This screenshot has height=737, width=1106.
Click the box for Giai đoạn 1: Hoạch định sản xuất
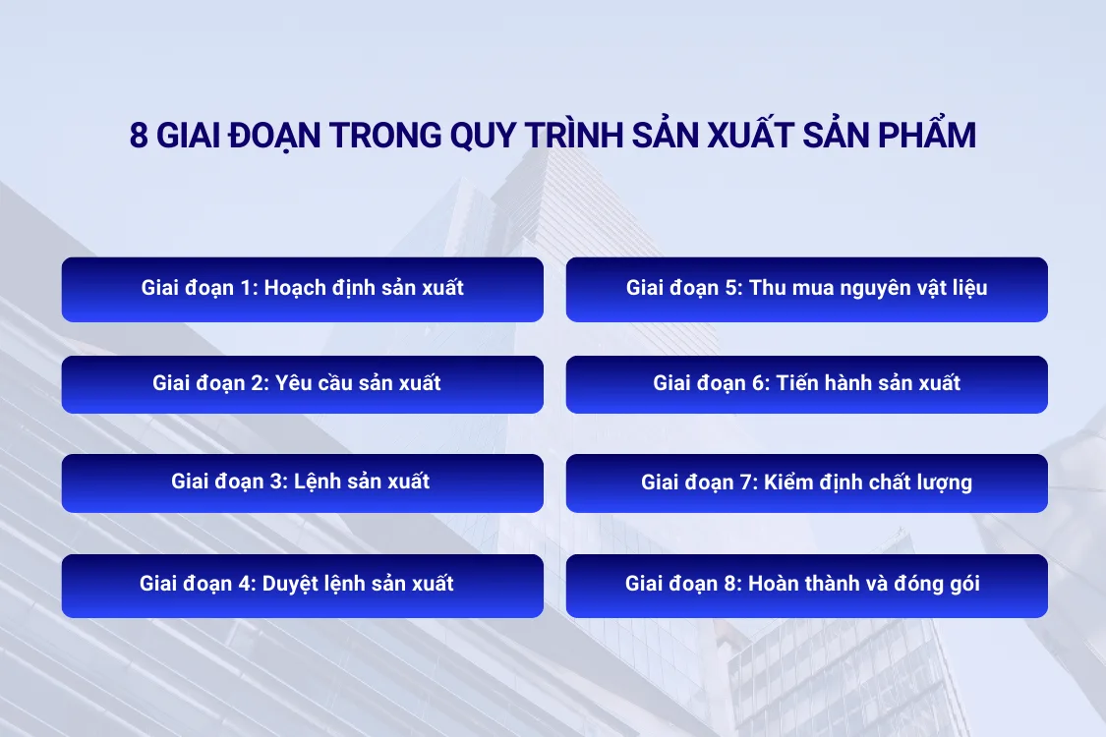pyautogui.click(x=302, y=289)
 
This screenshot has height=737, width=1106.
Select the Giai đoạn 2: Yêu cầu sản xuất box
pyautogui.click(x=302, y=384)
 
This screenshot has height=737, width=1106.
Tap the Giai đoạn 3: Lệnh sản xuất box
pyautogui.click(x=302, y=482)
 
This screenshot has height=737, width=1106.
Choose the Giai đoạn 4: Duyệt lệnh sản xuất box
pyautogui.click(x=302, y=585)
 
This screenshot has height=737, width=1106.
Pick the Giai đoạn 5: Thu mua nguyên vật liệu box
pyautogui.click(x=806, y=289)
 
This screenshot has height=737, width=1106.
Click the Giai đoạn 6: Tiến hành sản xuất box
pyautogui.click(x=806, y=384)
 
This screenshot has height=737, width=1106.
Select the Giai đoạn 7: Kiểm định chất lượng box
pyautogui.click(x=806, y=482)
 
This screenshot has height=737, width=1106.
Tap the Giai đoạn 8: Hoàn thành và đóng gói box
pyautogui.click(x=806, y=585)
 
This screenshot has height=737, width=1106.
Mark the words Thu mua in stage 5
pyautogui.click(x=787, y=289)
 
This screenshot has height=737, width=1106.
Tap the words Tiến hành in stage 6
pyautogui.click(x=820, y=384)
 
